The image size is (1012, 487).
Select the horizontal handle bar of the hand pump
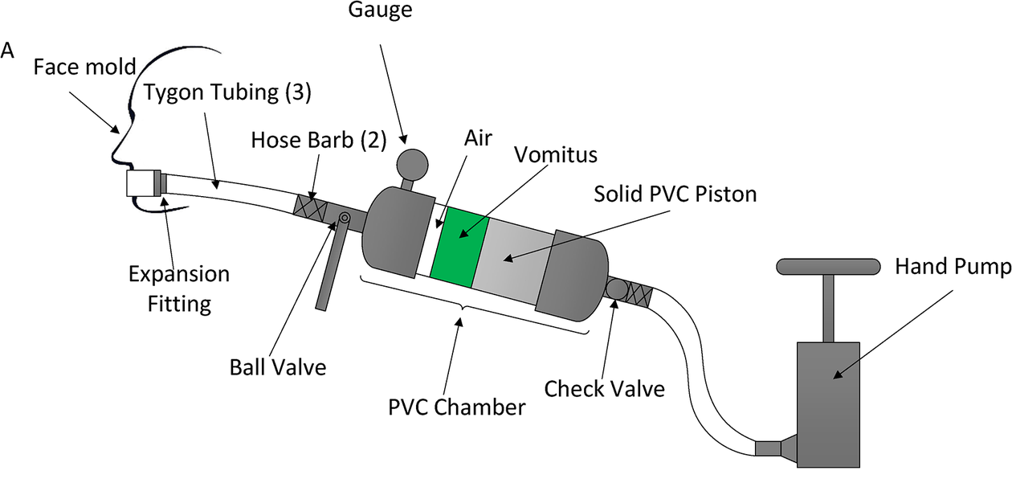(x=827, y=267)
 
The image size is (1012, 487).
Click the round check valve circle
(x=618, y=288)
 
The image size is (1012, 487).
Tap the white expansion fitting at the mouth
(x=141, y=184)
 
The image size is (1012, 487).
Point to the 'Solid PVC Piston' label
(x=675, y=194)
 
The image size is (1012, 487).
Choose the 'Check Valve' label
(x=605, y=389)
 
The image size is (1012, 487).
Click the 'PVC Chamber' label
(x=457, y=407)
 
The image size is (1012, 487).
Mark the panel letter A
(x=9, y=51)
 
